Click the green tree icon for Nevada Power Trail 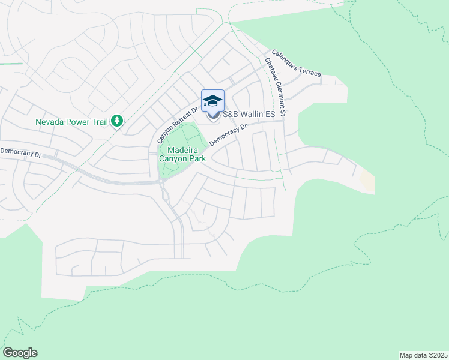117,122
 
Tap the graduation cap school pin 212,101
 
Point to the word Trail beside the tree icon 98,122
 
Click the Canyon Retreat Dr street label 177,121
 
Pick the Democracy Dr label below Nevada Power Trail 21,154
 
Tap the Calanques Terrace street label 296,63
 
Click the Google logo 20,353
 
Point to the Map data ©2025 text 423,355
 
